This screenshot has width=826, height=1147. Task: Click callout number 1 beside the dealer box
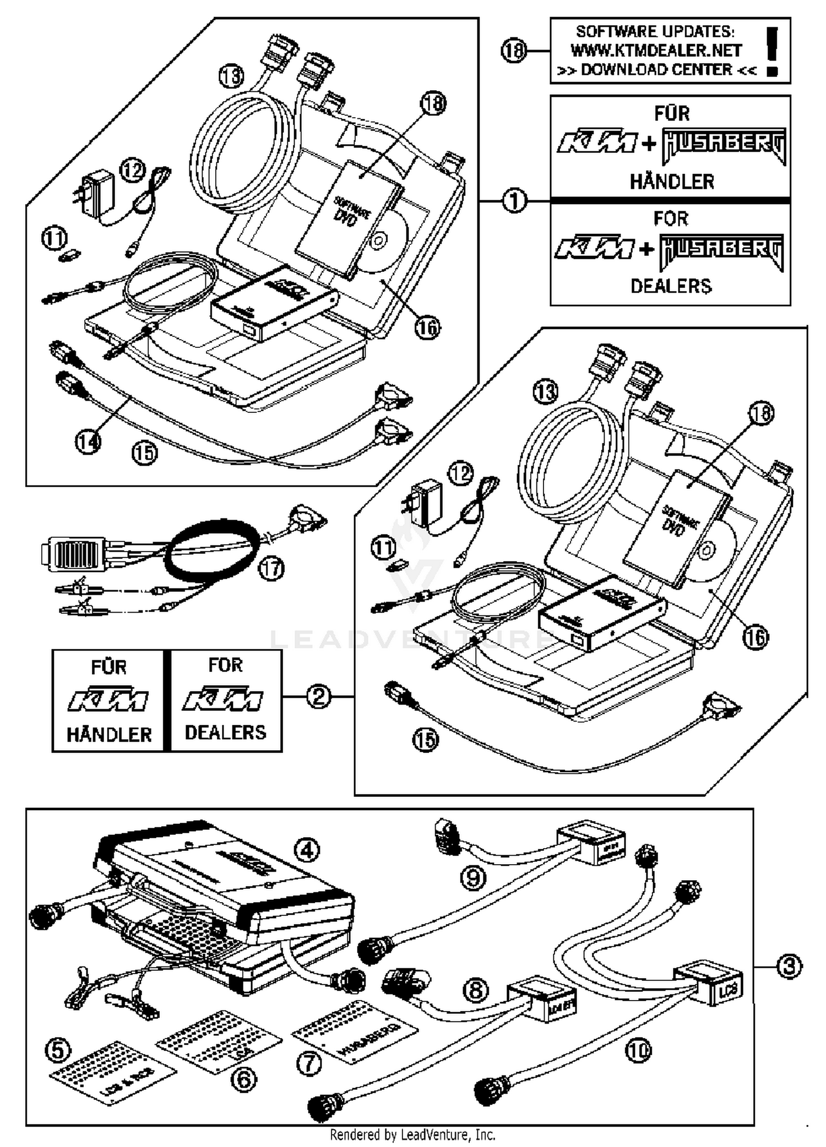(x=514, y=201)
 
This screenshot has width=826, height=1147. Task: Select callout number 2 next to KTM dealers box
(x=318, y=697)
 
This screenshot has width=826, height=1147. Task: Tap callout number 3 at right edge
(x=789, y=966)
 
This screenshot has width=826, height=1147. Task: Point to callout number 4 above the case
(x=307, y=850)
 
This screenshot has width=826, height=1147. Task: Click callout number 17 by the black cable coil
(x=271, y=568)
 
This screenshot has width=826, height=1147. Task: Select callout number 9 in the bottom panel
(x=473, y=878)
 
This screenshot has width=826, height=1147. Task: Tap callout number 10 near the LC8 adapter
(x=638, y=1050)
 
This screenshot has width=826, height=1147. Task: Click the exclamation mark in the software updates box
(x=772, y=51)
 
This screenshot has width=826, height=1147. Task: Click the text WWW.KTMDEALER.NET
(x=656, y=51)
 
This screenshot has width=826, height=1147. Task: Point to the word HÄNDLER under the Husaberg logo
(x=672, y=182)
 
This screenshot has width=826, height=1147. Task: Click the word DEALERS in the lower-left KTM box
(x=225, y=733)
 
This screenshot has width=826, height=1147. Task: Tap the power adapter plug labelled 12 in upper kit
(x=94, y=193)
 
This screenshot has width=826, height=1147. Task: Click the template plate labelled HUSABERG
(x=355, y=1034)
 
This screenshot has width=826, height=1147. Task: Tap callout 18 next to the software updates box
(x=514, y=51)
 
